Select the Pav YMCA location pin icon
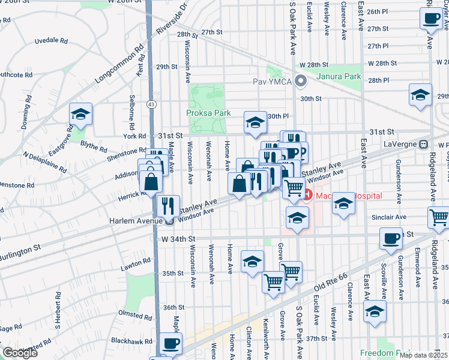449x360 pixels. [x=301, y=80]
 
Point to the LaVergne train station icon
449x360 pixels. [x=424, y=144]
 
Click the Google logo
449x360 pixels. [x=20, y=353]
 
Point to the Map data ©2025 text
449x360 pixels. [x=423, y=355]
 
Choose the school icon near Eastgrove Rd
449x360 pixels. [x=80, y=115]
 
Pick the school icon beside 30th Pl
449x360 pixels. [x=255, y=122]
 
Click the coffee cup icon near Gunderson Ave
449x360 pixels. [x=391, y=239]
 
